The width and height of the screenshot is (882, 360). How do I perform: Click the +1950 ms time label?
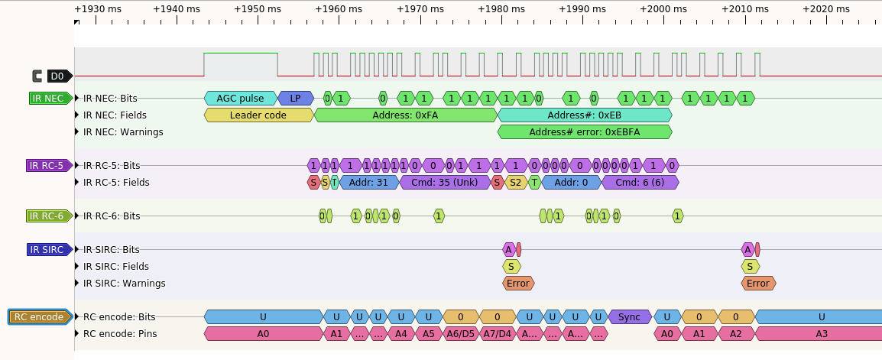pos(257,9)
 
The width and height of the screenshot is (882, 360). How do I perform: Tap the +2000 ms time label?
pos(663,9)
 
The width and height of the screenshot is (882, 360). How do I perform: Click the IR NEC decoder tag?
pos(50,99)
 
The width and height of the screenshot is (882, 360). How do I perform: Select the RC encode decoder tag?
pos(41,317)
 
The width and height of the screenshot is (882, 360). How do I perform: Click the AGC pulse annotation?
pos(240,99)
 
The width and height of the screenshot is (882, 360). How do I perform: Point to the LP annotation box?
pos(295,99)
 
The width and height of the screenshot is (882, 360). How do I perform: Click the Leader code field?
pos(258,115)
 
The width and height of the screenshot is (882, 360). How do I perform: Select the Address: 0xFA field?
pos(406,115)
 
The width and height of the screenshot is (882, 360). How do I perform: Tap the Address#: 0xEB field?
pos(585,115)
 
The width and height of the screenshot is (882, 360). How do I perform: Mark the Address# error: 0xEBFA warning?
pos(585,132)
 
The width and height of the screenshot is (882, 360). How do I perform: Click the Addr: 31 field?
pos(369,182)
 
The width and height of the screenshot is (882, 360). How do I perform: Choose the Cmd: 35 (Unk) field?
pos(444,182)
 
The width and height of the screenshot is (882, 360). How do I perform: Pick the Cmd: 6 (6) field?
pos(640,182)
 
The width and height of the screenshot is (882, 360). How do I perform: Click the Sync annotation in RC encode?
pos(630,316)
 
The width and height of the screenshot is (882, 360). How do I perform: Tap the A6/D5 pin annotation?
pos(460,333)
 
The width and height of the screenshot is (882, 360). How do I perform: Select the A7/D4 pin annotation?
pos(498,333)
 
